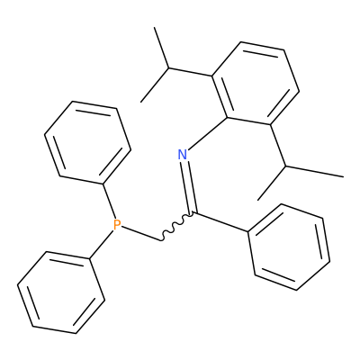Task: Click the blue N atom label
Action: click(x=183, y=155)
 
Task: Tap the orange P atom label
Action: click(x=117, y=225)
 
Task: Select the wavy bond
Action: click(x=177, y=227)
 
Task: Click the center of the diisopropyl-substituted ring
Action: click(x=256, y=83)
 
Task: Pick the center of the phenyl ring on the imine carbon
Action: click(x=289, y=247)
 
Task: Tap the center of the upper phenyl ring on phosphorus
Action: click(x=87, y=142)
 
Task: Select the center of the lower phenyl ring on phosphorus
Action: click(x=61, y=292)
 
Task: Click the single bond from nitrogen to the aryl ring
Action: click(x=208, y=132)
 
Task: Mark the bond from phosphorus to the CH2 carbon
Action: click(x=141, y=233)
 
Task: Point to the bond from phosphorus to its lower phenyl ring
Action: click(x=102, y=244)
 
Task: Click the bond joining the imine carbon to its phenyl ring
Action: click(x=221, y=222)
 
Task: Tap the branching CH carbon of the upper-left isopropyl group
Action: click(x=168, y=68)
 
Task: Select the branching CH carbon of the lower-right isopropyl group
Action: click(x=285, y=166)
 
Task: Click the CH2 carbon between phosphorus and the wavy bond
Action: click(x=161, y=240)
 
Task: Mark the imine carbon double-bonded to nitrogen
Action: click(x=194, y=213)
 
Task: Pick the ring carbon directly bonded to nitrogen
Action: click(x=228, y=117)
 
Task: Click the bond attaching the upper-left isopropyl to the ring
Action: click(x=190, y=72)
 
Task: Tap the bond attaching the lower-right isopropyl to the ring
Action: click(x=278, y=145)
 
